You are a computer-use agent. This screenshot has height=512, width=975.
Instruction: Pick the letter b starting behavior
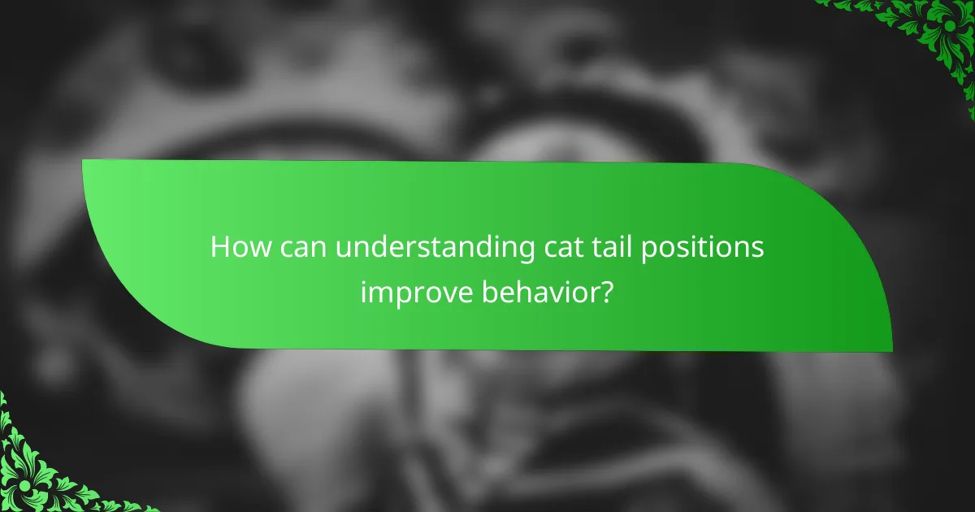tap(490, 289)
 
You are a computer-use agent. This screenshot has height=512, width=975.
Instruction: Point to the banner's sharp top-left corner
tap(84, 161)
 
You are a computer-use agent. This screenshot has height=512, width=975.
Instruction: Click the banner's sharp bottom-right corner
tap(891, 351)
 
